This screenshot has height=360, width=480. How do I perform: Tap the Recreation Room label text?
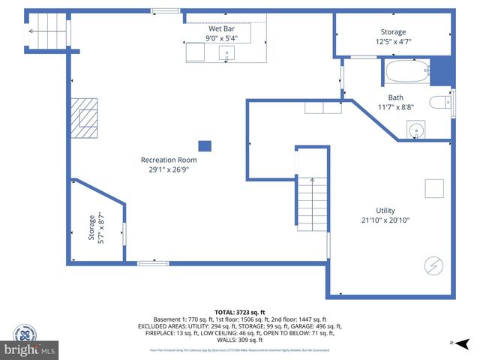pos(169,160)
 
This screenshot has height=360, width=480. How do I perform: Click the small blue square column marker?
pos(204,145)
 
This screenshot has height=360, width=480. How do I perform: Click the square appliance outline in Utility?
pos(434,187)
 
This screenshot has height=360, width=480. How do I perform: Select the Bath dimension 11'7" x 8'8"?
pos(395,107)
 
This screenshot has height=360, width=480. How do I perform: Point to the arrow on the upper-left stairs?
pos(31,31)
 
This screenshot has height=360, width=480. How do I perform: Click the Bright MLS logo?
pos(29,349)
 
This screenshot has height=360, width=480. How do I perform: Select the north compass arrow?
pos(452,343)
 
